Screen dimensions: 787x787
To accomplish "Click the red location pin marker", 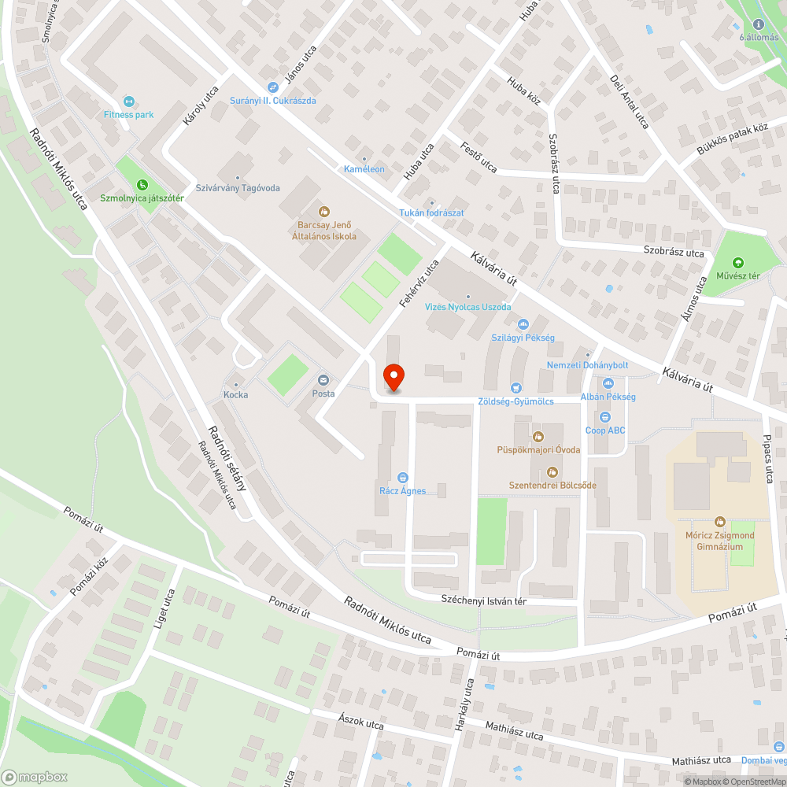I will point(393,378).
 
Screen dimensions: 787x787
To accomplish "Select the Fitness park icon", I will point(129,102).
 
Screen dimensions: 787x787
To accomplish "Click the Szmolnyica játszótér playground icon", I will point(131,185).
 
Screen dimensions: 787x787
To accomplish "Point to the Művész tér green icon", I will point(737,263).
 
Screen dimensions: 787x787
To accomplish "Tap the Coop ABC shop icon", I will point(604,417).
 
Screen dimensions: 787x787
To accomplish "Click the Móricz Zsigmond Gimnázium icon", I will point(719,522).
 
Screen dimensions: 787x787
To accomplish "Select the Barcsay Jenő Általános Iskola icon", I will point(323,211).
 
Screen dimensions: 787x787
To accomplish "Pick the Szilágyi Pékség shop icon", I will point(523,324).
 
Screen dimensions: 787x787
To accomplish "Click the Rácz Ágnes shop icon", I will point(402,478).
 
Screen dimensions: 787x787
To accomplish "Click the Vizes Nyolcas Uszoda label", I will point(468,307).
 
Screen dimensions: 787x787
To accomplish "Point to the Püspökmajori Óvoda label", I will point(538,449).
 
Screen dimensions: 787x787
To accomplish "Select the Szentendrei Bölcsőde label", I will point(552,485).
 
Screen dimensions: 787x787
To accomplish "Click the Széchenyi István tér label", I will point(483,600).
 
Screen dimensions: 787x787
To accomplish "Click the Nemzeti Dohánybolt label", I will point(587,365).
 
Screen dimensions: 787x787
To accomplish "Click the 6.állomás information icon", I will point(759,24).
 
